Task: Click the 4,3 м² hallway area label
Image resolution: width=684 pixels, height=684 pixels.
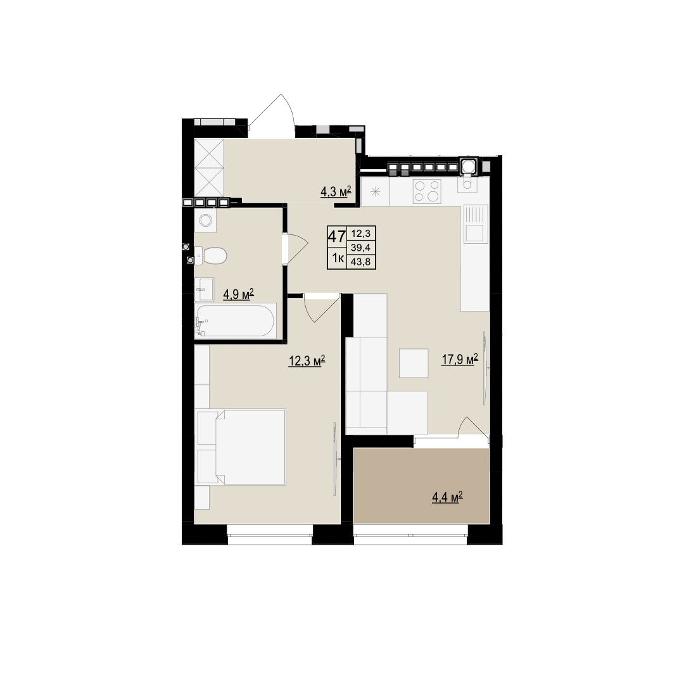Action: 336,192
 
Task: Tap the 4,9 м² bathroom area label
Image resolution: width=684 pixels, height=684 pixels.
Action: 238,294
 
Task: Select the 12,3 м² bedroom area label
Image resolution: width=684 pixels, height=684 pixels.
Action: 307,361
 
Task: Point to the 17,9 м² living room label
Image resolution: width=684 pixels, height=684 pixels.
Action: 460,360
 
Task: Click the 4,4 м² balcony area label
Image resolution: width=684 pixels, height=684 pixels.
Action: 447,497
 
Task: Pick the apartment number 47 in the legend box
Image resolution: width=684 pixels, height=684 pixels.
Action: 337,237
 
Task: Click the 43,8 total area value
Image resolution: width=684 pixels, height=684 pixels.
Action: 361,262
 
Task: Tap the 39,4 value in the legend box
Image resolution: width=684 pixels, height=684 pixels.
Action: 361,248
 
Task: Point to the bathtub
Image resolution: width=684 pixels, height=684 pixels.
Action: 236,320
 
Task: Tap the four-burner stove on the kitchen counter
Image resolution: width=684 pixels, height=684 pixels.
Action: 427,191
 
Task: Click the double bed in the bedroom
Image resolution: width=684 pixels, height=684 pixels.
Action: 242,447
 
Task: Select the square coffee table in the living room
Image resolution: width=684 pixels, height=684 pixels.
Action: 414,363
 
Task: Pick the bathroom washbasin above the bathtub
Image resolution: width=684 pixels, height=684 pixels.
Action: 204,289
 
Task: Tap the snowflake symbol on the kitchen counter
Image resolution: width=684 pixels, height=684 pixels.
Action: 376,191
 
